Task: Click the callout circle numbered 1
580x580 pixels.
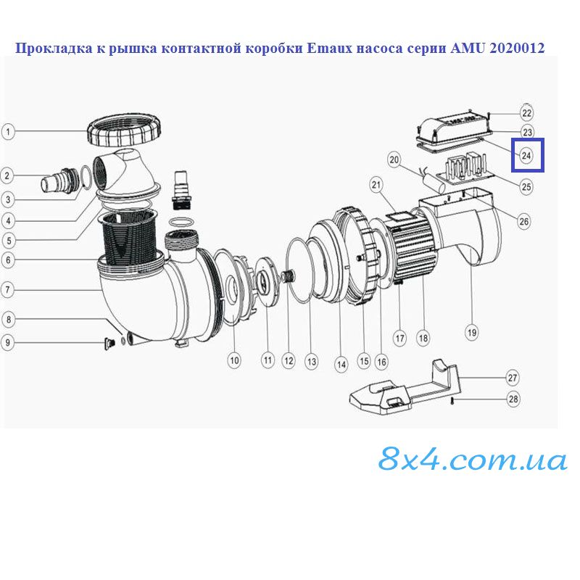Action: click(8, 132)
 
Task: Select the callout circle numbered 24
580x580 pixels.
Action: click(526, 156)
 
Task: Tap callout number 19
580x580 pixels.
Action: click(472, 332)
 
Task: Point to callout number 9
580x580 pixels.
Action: click(8, 342)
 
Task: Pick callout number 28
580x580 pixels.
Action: click(513, 399)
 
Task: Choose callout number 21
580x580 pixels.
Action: click(376, 185)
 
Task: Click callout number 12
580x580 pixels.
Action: click(289, 360)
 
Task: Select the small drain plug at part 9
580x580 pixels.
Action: click(110, 344)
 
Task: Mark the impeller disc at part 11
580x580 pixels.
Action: click(267, 281)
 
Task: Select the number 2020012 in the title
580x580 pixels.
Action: click(517, 49)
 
